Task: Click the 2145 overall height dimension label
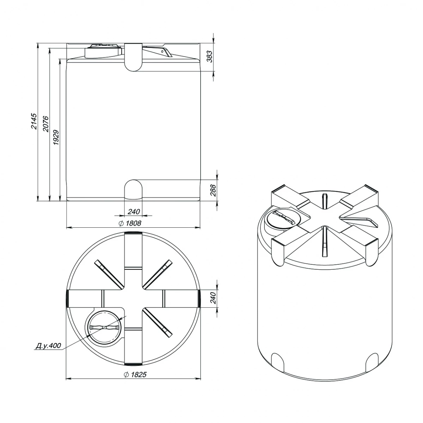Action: click(x=34, y=121)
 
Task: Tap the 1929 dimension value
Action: click(x=56, y=137)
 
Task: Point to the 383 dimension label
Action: click(x=210, y=56)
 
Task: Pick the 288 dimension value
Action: click(x=213, y=190)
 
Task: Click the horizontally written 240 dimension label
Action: click(x=134, y=211)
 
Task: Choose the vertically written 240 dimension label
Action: click(x=213, y=298)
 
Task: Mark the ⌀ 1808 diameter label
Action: click(x=130, y=223)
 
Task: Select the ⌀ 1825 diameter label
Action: click(x=135, y=374)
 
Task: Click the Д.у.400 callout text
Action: click(x=48, y=346)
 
